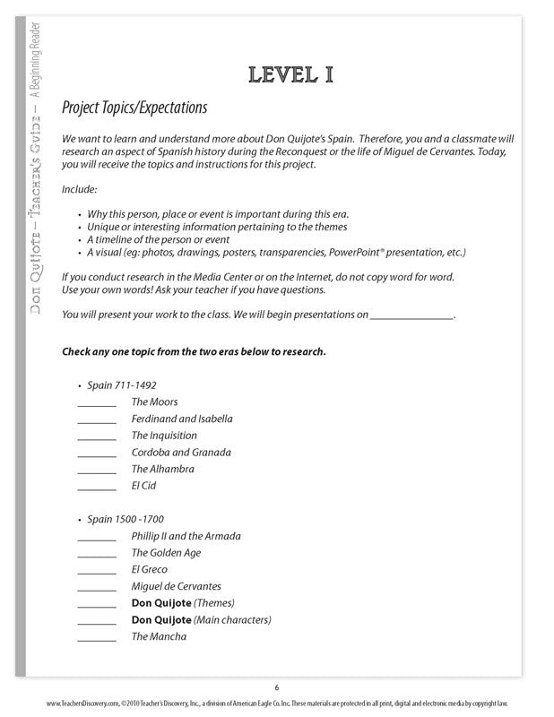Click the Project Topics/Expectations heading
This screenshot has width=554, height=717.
click(x=134, y=108)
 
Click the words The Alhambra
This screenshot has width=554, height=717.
click(x=162, y=469)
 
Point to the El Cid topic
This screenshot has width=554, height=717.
click(x=143, y=486)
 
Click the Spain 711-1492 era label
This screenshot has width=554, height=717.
click(x=122, y=385)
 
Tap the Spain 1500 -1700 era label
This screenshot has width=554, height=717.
click(x=126, y=519)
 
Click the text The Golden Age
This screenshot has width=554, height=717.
click(x=167, y=552)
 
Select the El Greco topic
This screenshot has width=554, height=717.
click(x=149, y=569)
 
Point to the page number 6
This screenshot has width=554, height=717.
click(x=277, y=687)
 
